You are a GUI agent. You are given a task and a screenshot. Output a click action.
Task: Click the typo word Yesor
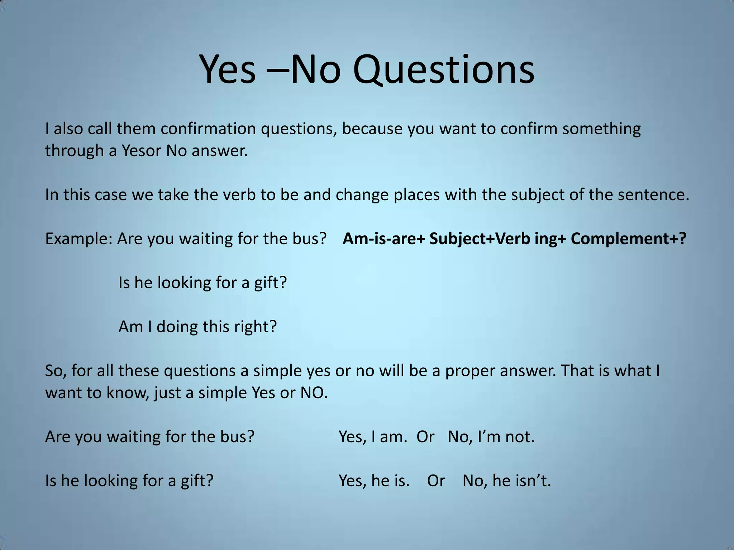click(142, 151)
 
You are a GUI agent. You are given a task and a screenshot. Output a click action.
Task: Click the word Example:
click(79, 239)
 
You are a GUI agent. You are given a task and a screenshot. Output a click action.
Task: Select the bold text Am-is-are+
click(383, 239)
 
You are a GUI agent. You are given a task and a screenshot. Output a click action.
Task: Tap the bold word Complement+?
click(628, 239)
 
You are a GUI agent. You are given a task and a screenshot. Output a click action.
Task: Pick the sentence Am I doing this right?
click(197, 327)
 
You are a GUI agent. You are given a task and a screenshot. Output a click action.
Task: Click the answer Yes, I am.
click(373, 437)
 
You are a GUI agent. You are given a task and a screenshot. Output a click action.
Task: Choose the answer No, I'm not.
click(491, 437)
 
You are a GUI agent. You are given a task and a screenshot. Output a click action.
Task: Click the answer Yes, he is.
click(374, 481)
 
